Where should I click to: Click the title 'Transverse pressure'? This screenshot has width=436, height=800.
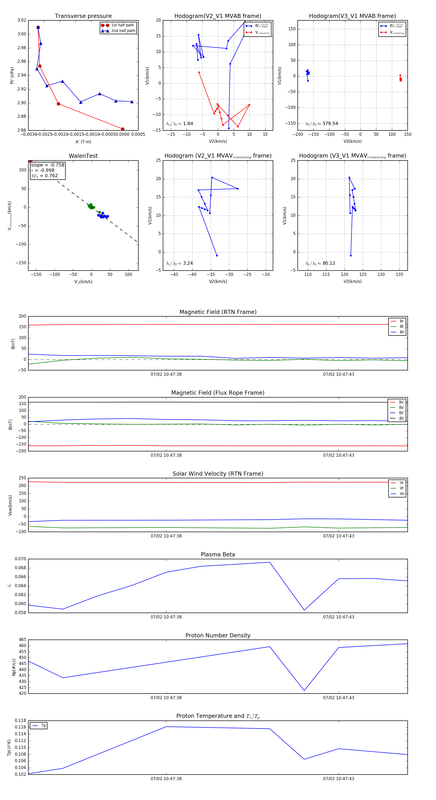[x=83, y=16]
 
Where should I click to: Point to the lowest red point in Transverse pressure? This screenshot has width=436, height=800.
[x=123, y=129]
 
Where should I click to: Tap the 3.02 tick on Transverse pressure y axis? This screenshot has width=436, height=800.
[x=22, y=20]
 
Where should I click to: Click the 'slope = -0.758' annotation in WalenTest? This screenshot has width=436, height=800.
[x=47, y=165]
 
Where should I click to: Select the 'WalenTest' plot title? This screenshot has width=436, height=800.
[x=83, y=156]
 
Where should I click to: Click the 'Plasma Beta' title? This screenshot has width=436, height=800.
[x=218, y=554]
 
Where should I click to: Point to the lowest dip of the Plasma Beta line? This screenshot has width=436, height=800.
[x=304, y=610]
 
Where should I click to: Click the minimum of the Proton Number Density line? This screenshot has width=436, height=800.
[x=304, y=691]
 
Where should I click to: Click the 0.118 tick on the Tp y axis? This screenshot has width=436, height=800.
[x=21, y=720]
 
